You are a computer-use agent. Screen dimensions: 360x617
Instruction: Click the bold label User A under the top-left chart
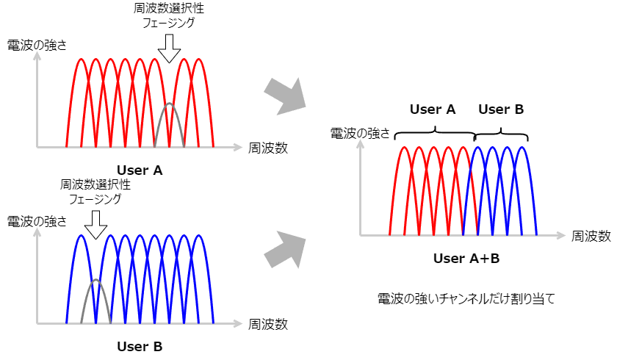tap(140, 170)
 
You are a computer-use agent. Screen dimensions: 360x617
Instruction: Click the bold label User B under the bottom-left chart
tap(140, 345)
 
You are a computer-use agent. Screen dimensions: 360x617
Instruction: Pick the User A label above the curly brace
tap(433, 109)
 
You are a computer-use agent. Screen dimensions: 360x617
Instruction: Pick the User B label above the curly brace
tap(501, 109)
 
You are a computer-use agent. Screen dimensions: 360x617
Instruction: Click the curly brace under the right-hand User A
tap(435, 132)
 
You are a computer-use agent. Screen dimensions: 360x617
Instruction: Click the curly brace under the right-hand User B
tap(502, 133)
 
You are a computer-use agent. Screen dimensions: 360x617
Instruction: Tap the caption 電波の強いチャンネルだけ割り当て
tap(466, 298)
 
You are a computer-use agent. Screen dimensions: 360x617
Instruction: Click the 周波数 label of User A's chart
tap(268, 147)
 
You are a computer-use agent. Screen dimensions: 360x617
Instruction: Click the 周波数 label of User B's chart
tap(268, 323)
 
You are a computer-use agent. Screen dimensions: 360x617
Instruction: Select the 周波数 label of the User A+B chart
tap(591, 236)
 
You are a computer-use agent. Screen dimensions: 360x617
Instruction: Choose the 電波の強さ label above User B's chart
tap(37, 220)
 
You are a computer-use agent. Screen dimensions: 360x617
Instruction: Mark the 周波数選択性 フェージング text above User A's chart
tap(169, 15)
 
